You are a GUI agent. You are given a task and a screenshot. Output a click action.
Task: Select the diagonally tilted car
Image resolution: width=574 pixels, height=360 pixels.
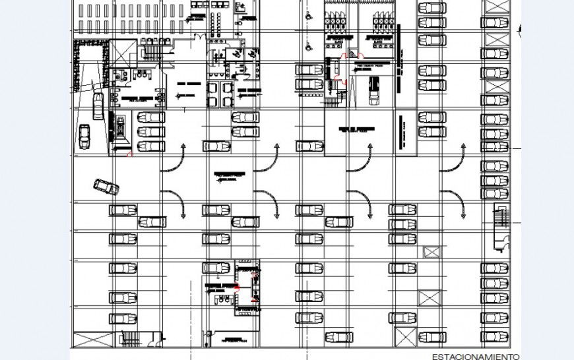pos(106,187)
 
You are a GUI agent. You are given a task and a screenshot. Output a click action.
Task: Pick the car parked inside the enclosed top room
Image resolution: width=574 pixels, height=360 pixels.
pos(374,90)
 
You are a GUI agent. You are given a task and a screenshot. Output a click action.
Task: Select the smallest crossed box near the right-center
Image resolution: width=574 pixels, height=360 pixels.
pos(431,252)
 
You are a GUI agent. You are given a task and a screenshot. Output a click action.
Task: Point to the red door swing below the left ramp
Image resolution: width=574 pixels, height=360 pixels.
pos(130,154)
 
